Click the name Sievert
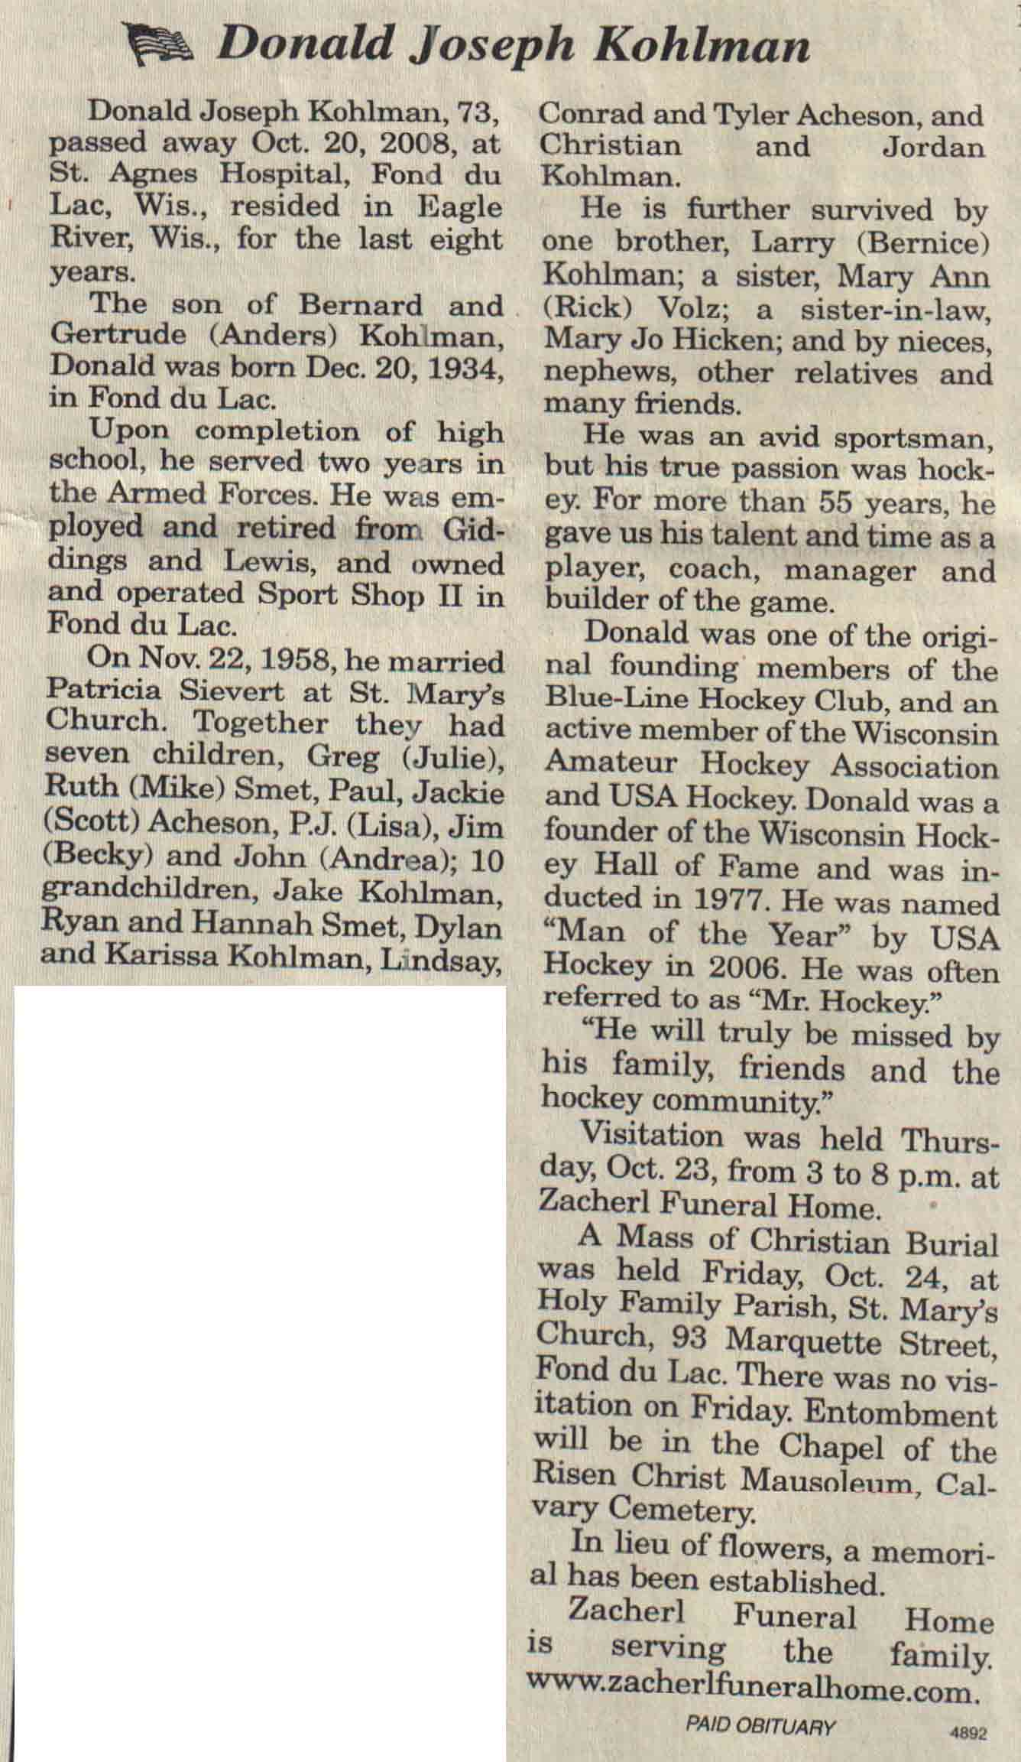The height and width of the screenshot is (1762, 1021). coord(231,691)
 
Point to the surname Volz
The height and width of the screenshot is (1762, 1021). coord(700,308)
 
